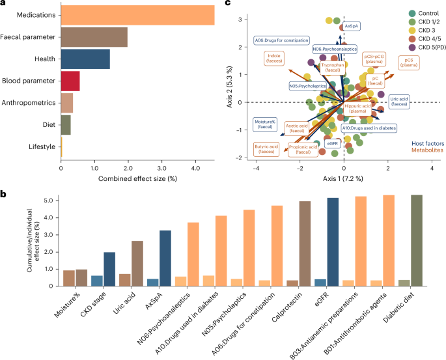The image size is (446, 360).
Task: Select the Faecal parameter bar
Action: click(x=94, y=37)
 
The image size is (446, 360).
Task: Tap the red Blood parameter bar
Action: click(x=70, y=81)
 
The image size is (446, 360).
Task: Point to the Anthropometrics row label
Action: click(x=29, y=103)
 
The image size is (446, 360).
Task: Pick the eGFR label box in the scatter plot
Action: click(x=333, y=143)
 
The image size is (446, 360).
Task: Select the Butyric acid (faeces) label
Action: click(x=267, y=150)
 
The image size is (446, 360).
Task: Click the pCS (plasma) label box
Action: click(x=409, y=62)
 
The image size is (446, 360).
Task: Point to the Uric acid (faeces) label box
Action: click(x=400, y=101)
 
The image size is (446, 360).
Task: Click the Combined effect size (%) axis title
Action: click(x=137, y=177)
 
